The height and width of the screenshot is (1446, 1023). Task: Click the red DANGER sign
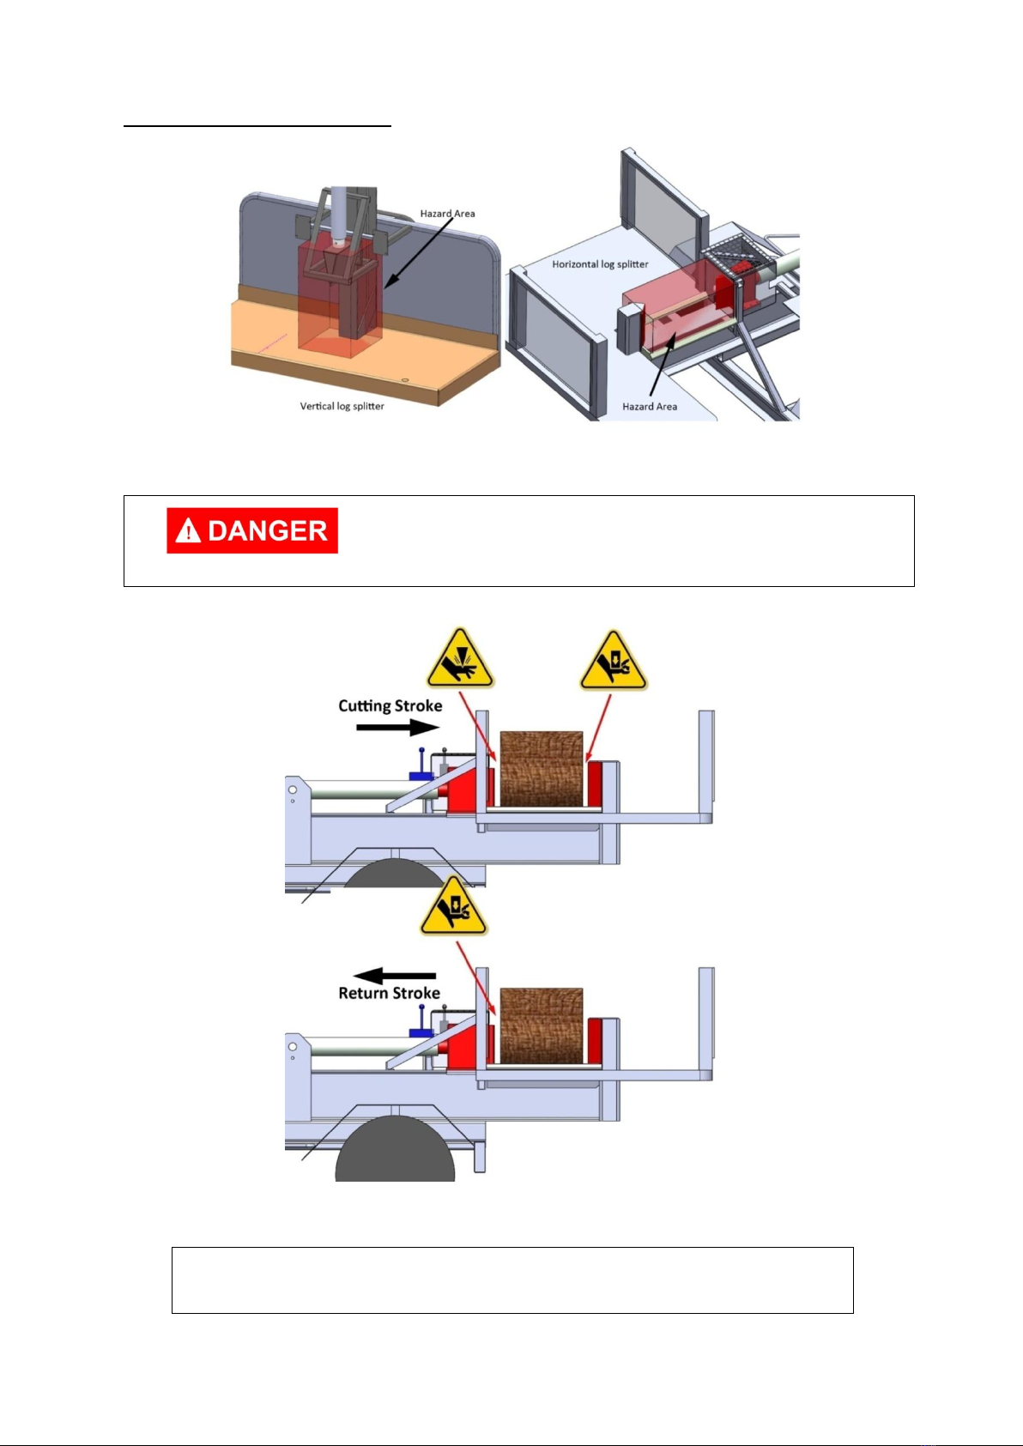click(x=252, y=530)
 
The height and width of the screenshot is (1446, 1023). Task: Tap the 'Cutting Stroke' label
click(x=390, y=706)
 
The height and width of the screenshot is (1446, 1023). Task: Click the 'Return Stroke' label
click(x=389, y=993)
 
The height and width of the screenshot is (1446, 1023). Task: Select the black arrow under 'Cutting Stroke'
click(x=397, y=728)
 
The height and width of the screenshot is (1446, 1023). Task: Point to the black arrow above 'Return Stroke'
click(x=395, y=976)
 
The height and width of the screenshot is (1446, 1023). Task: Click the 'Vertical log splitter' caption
click(x=342, y=406)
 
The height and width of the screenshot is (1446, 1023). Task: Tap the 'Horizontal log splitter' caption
click(x=600, y=264)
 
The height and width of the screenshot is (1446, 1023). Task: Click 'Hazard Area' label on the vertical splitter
click(x=447, y=214)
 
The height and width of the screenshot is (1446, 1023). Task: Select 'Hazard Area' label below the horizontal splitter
click(x=650, y=407)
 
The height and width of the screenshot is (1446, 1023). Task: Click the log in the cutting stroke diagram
click(x=542, y=769)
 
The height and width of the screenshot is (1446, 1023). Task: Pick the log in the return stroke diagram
click(x=542, y=1026)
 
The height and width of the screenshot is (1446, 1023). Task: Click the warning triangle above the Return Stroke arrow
click(x=453, y=908)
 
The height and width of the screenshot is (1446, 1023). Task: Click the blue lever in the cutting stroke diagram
click(x=421, y=768)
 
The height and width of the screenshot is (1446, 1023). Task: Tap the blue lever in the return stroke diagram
click(x=421, y=1023)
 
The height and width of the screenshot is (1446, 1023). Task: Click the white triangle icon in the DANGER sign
click(x=187, y=531)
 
